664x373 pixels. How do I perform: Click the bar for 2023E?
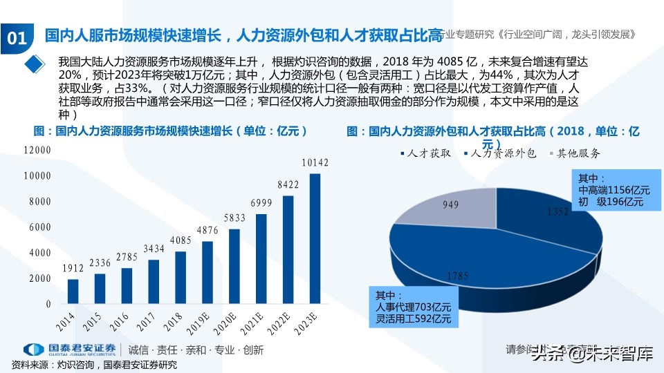point(315,238)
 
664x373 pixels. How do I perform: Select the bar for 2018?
point(180,278)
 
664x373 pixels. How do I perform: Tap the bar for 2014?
point(73,291)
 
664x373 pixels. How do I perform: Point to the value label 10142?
point(315,163)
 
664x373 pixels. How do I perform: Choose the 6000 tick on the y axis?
point(39,227)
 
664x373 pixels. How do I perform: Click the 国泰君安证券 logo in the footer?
point(69,350)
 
